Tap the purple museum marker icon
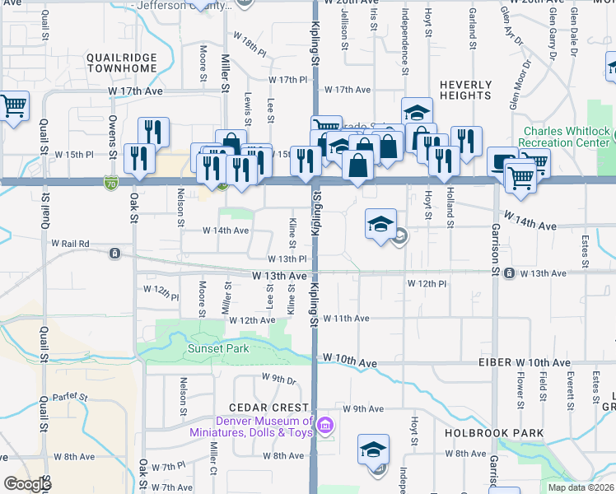tap(325, 426)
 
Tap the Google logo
tap(27, 484)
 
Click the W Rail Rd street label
tap(69, 244)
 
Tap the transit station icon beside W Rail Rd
tap(115, 252)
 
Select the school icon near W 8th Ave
tap(372, 450)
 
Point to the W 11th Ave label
tap(346, 318)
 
